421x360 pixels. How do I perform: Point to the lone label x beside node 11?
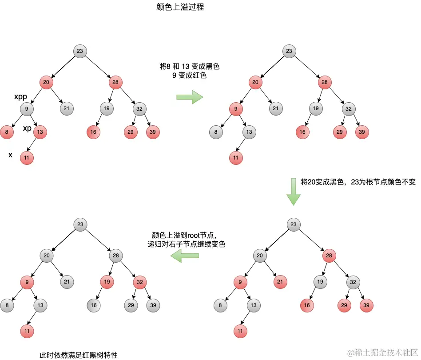coord(10,155)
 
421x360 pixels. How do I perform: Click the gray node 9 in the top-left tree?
coord(27,108)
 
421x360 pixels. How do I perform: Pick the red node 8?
coord(7,132)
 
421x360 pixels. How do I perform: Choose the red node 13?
coord(40,132)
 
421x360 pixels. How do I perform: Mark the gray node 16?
coord(93,305)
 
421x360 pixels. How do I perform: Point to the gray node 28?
coord(115,255)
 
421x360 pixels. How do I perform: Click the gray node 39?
coord(153,305)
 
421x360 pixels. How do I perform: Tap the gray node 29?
coord(131,305)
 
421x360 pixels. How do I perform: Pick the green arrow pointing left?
coord(185,255)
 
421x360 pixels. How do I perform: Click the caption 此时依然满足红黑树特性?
coord(79,355)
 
